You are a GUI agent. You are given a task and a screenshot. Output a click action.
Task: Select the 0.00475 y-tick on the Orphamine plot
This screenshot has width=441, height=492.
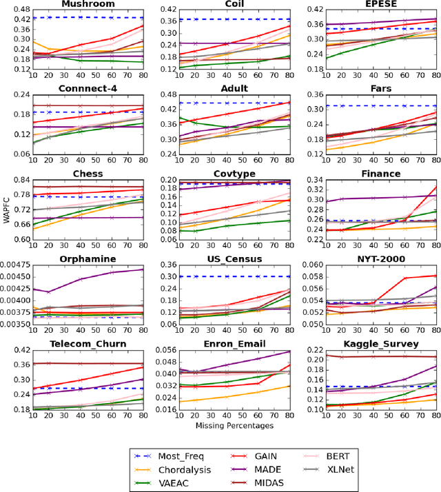[15, 265]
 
